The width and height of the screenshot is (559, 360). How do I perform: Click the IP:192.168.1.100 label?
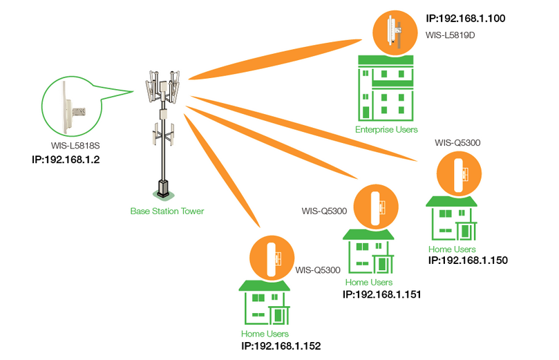[467, 17]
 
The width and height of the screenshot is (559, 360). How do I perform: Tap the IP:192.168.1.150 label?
[468, 260]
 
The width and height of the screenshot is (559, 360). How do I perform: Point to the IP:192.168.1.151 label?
[382, 294]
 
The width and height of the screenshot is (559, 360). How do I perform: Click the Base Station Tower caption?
[167, 211]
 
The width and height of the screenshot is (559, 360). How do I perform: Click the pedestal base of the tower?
[163, 187]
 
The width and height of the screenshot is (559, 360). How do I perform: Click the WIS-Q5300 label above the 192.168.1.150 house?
[457, 142]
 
